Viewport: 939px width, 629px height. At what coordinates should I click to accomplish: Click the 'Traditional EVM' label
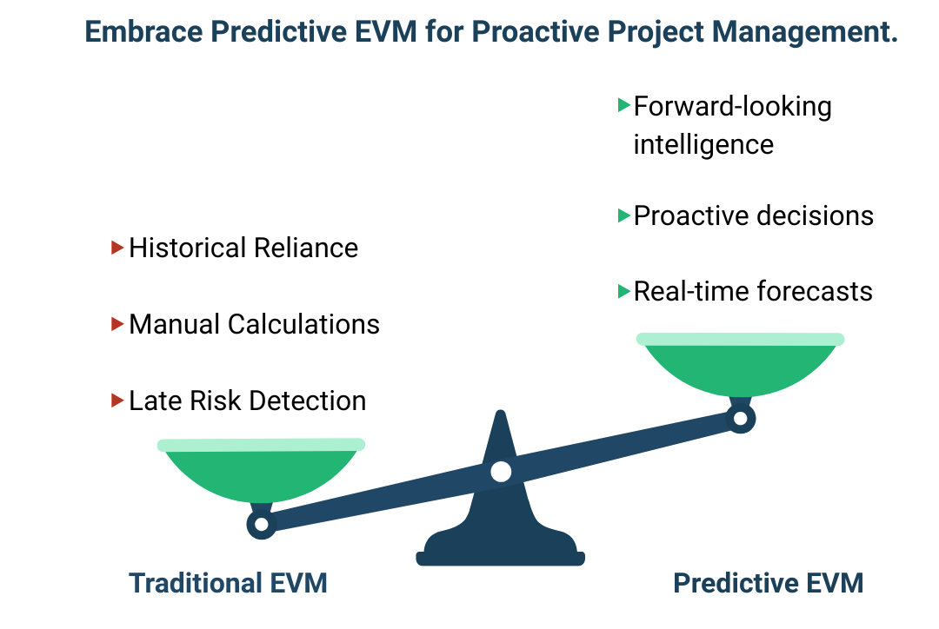pyautogui.click(x=228, y=582)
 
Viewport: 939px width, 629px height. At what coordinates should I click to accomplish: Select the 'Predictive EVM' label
pyautogui.click(x=769, y=582)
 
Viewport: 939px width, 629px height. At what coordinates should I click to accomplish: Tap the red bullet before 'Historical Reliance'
pyautogui.click(x=118, y=248)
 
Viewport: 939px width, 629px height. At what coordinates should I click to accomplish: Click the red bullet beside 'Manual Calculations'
pyautogui.click(x=118, y=324)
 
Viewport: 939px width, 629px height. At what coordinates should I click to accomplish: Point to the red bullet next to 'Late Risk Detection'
pyautogui.click(x=118, y=401)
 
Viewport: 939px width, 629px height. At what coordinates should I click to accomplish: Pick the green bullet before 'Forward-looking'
pyautogui.click(x=623, y=105)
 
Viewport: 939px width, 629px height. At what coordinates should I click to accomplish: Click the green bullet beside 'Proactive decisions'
pyautogui.click(x=623, y=215)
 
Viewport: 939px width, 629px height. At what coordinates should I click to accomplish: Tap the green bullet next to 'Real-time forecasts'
pyautogui.click(x=623, y=291)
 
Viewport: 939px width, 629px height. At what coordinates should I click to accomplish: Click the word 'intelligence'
pyautogui.click(x=703, y=143)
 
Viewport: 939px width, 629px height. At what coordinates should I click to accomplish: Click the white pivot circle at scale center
pyautogui.click(x=501, y=472)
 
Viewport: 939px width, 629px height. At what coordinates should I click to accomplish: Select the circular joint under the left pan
pyautogui.click(x=260, y=524)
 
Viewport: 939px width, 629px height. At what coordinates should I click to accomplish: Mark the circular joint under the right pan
pyautogui.click(x=740, y=419)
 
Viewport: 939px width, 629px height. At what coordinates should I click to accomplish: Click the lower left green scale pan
pyautogui.click(x=261, y=473)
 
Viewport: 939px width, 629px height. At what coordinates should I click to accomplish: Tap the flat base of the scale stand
pyautogui.click(x=500, y=557)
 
